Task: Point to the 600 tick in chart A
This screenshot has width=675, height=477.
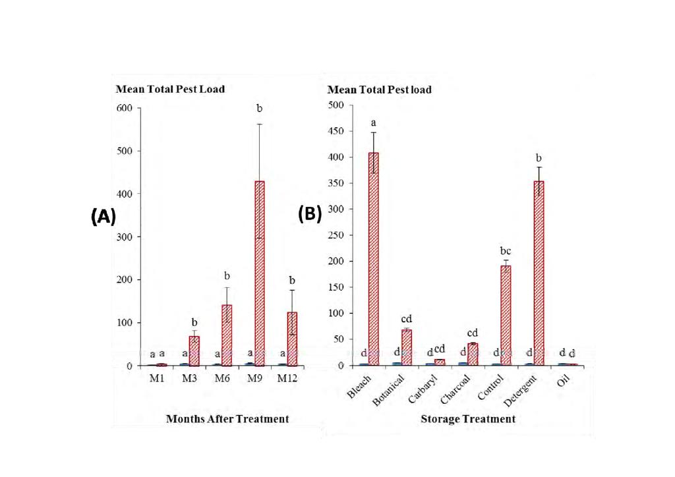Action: (x=125, y=108)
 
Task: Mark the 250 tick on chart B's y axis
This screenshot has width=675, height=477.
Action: (x=336, y=235)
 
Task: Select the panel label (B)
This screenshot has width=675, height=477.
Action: (x=309, y=215)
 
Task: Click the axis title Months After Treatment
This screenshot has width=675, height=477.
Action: (x=227, y=419)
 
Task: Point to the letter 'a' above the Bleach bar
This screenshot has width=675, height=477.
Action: (x=374, y=123)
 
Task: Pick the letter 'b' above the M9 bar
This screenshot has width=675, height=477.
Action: (x=260, y=107)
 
